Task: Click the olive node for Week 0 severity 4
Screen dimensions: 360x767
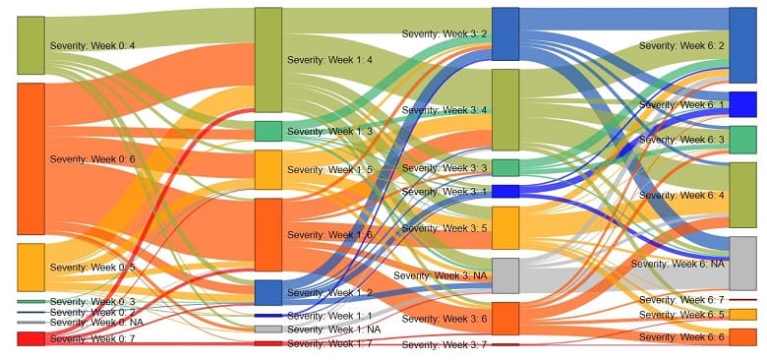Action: pos(30,45)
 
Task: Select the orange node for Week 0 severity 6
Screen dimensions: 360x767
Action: pos(30,158)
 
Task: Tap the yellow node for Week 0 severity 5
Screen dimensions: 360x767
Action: pos(30,268)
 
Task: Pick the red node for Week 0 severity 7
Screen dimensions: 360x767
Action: pos(30,338)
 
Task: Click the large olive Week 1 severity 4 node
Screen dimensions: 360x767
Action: pos(267,60)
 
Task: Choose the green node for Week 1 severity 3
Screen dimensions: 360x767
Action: pos(267,131)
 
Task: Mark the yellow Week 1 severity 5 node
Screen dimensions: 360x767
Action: pos(267,169)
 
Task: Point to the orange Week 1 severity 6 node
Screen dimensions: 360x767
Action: pos(267,234)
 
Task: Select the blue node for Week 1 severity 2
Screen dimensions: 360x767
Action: pos(267,292)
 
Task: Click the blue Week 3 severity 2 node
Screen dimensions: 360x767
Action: pos(504,34)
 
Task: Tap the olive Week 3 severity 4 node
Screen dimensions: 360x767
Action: pos(504,109)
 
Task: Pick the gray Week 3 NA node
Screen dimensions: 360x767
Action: pos(504,275)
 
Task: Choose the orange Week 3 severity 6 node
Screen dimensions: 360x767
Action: pos(504,319)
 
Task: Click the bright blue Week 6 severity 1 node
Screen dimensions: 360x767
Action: pos(742,104)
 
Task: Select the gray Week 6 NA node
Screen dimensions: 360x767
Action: pos(742,263)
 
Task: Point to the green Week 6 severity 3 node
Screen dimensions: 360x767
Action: pos(742,140)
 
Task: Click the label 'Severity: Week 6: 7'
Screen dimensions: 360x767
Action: pos(680,299)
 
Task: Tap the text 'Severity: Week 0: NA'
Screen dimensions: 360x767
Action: pos(96,323)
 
